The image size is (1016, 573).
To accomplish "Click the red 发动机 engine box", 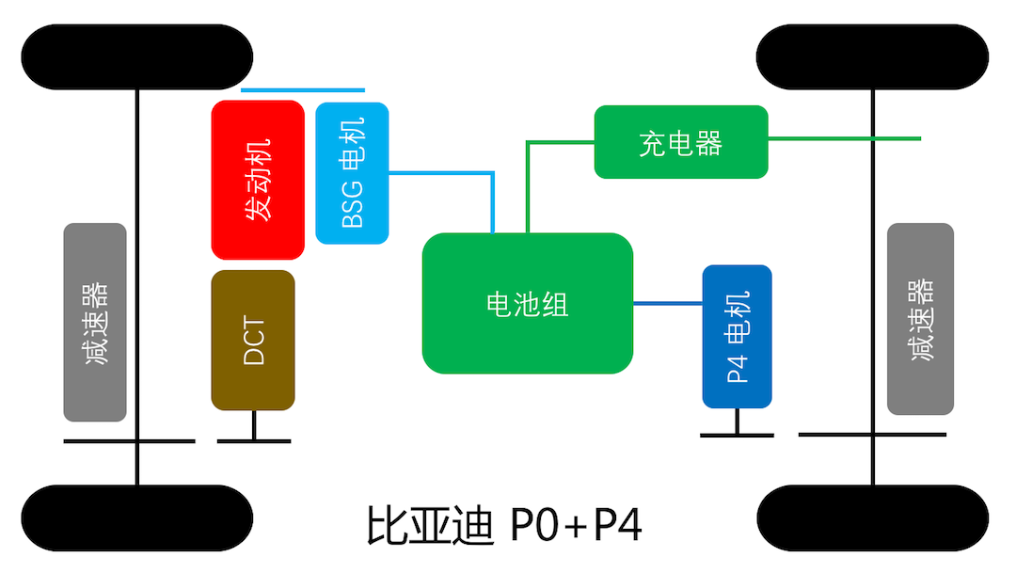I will coord(258,180).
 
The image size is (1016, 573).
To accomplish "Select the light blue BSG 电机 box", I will coord(352,173).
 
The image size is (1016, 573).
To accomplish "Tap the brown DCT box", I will coord(253,341).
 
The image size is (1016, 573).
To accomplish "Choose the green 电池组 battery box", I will coord(527,303).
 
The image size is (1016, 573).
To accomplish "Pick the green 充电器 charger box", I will coord(681,142).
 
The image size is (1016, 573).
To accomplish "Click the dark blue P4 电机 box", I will coord(737,337).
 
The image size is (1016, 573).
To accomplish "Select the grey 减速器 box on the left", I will coord(95,322).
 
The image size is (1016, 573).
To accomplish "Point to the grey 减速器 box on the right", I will coord(920,319).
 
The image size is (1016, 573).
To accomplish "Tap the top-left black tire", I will coord(137,56).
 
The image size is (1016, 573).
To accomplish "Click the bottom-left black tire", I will coord(137,517).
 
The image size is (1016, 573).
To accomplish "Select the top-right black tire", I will coord(873,56).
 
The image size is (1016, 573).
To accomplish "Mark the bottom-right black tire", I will coord(873,517).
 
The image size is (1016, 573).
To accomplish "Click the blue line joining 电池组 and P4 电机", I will coord(667,303).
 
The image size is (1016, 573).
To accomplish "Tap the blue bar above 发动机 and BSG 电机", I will coord(302,90).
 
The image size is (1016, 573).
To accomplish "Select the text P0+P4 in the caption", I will coord(576,527).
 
